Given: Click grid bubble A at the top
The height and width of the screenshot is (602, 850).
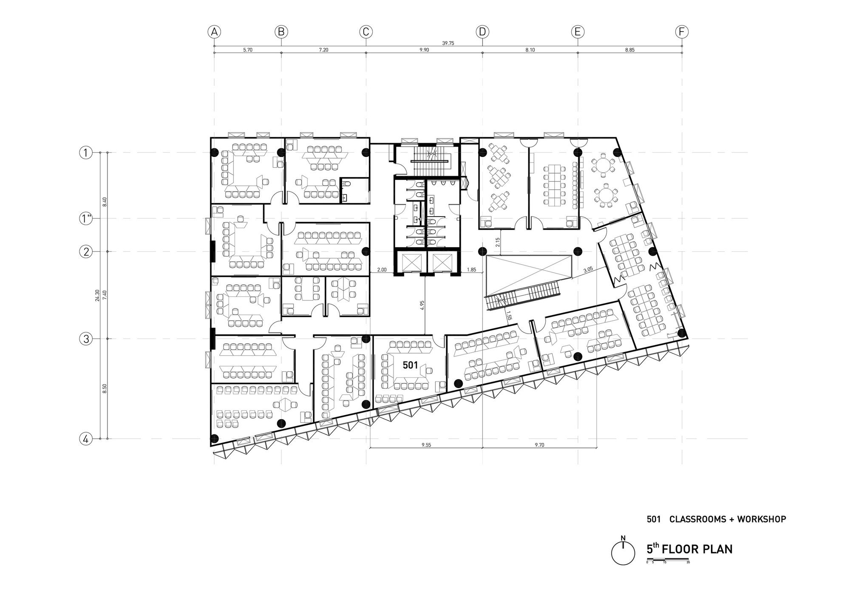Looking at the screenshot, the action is point(214,32).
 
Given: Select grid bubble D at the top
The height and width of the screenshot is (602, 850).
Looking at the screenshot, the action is point(482,32).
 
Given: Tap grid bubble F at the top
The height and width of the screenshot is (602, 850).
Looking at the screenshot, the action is point(682,32).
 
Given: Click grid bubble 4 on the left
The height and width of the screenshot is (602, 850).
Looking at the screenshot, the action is point(86,439).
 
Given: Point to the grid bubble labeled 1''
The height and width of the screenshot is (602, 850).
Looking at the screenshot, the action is point(86,219).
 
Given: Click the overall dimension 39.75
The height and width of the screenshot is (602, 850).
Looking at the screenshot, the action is point(448,43).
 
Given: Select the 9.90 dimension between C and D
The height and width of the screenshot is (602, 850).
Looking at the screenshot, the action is point(424,50).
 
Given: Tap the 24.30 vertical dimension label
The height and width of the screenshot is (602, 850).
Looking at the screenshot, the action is point(97,295).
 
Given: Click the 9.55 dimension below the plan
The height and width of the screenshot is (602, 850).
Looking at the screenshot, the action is point(426,445).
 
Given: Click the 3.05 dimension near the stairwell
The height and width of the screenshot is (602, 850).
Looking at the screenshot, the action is point(588,270).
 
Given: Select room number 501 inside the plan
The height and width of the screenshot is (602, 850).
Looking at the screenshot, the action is point(410,365).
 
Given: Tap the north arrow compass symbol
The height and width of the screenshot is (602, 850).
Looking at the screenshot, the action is point(623,553).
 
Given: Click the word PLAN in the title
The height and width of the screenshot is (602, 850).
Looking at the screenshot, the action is point(717,549).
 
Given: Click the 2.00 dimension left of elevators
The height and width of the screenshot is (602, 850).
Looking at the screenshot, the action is point(382,270).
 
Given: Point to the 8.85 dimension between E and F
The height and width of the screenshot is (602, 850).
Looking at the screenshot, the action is point(629,50).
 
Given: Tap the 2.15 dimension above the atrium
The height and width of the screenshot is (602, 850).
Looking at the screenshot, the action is point(498,242).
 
